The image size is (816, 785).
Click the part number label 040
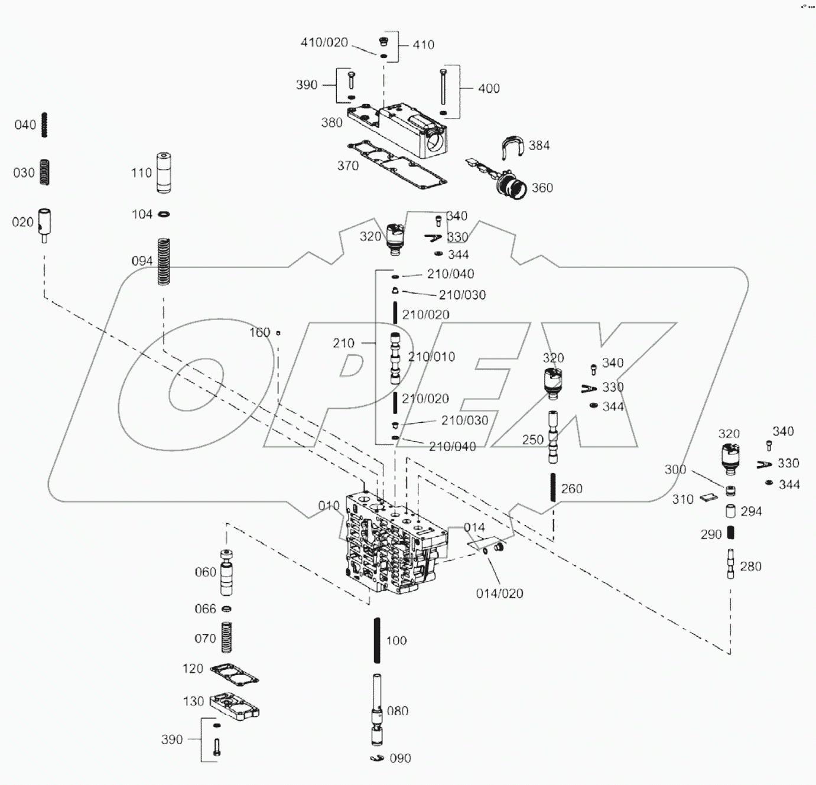click(x=25, y=125)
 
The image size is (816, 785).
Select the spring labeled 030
click(x=44, y=172)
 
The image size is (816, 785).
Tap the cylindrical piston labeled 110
click(x=164, y=172)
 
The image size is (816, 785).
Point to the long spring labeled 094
click(x=164, y=261)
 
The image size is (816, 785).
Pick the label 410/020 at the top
click(x=324, y=43)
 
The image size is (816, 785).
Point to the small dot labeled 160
click(x=278, y=333)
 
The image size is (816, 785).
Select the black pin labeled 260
click(x=553, y=487)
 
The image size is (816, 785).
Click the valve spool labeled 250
click(x=552, y=438)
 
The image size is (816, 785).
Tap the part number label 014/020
click(x=499, y=594)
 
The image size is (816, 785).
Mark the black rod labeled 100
click(x=377, y=640)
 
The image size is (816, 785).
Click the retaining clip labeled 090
click(x=377, y=758)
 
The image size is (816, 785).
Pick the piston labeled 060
click(x=227, y=573)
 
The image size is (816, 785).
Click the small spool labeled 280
click(x=731, y=563)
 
